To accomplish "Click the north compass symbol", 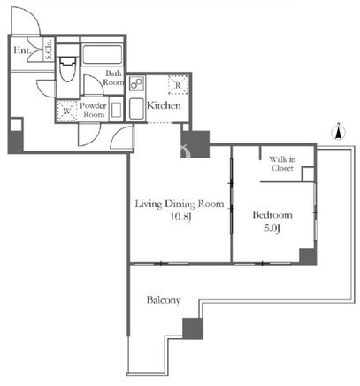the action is [x=339, y=132].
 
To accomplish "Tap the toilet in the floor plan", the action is [x=68, y=69].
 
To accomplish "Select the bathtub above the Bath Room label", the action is [x=102, y=55].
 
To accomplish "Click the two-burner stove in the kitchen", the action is [x=136, y=83].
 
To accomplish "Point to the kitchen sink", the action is [x=136, y=109].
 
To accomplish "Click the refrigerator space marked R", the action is [x=178, y=85].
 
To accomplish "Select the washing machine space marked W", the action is [x=66, y=111].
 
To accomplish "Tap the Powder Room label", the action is [x=93, y=110].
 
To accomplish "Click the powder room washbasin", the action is [x=116, y=111].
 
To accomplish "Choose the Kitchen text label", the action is [x=164, y=105].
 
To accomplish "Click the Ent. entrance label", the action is [x=22, y=50].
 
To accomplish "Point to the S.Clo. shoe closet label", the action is [x=49, y=49].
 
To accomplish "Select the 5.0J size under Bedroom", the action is [x=272, y=228].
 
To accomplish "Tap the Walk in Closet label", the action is [x=282, y=164].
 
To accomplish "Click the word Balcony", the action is [x=164, y=300].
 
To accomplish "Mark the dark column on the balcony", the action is [x=193, y=328].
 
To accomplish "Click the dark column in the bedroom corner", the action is [x=308, y=256].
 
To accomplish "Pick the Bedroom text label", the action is [x=272, y=214].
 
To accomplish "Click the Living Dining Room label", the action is [x=180, y=205].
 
